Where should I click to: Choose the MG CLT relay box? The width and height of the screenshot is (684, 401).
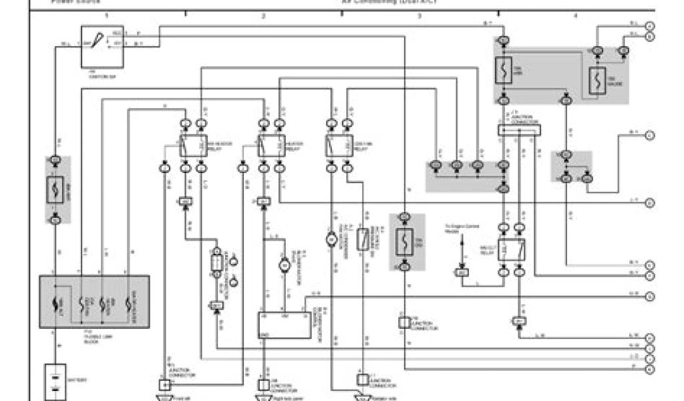click(x=512, y=249)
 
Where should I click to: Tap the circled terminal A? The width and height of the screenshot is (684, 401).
click(x=650, y=25)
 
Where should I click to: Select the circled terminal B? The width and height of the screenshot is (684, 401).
click(x=650, y=37)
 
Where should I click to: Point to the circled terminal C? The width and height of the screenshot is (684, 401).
click(x=650, y=136)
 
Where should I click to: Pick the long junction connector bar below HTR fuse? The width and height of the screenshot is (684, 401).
click(x=518, y=130)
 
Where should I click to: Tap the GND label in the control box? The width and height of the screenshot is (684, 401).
click(x=265, y=333)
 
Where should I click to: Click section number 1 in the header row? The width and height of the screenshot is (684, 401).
click(x=107, y=14)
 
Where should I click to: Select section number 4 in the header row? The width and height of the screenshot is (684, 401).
click(x=575, y=14)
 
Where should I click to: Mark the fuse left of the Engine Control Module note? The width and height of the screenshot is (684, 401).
click(x=404, y=243)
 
